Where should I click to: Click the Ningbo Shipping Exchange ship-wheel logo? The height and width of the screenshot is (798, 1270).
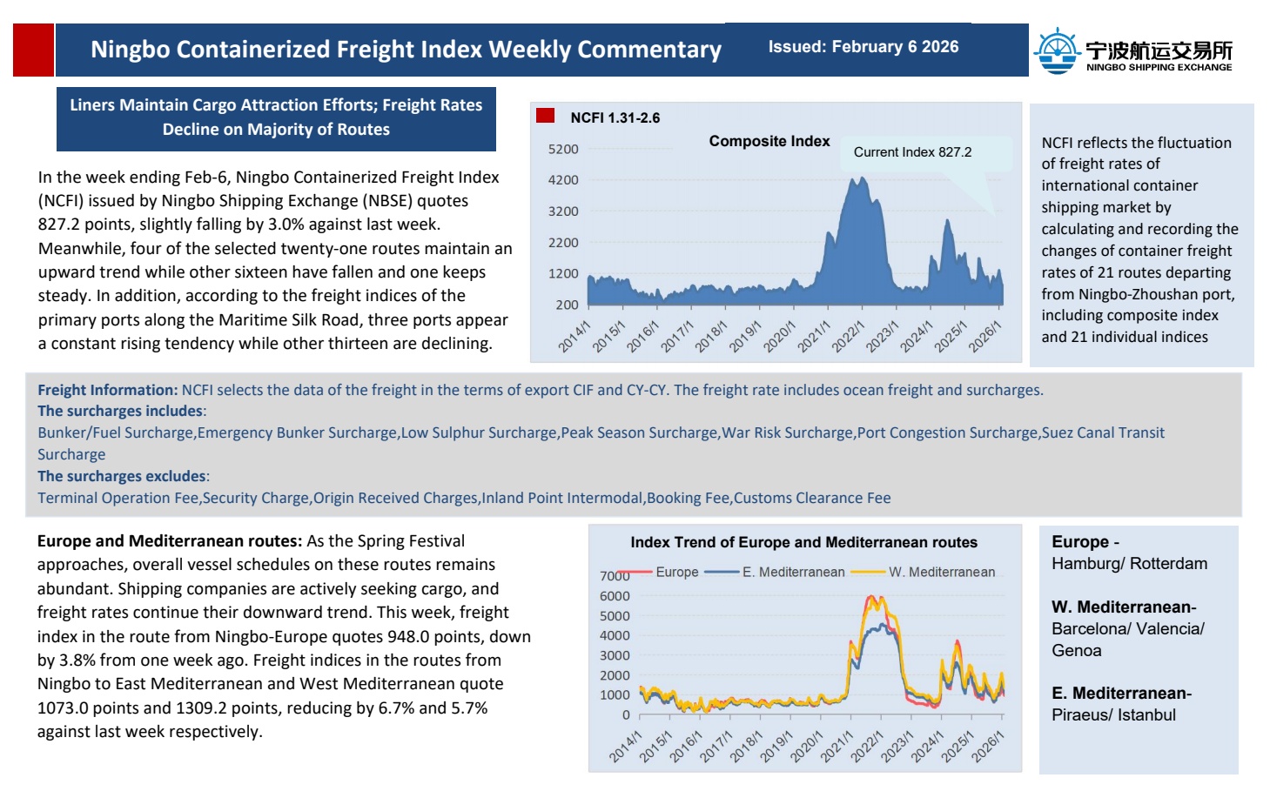pyautogui.click(x=1056, y=50)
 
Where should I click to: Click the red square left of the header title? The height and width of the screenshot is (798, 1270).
pyautogui.click(x=33, y=50)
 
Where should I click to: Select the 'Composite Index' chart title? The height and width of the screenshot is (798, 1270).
pyautogui.click(x=769, y=141)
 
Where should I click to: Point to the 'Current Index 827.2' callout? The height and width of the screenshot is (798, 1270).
pyautogui.click(x=912, y=152)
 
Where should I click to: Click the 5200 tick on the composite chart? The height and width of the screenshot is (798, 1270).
pyautogui.click(x=563, y=150)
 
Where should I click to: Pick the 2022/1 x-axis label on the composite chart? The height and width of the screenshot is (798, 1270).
pyautogui.click(x=848, y=336)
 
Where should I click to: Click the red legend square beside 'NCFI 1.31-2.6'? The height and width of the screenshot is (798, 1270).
pyautogui.click(x=546, y=116)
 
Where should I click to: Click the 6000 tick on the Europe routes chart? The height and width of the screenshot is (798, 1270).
pyautogui.click(x=615, y=596)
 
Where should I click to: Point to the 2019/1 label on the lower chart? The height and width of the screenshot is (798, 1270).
pyautogui.click(x=776, y=747)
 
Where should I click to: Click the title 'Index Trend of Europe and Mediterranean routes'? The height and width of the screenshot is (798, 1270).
pyautogui.click(x=803, y=542)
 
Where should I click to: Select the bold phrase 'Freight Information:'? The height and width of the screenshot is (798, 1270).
pyautogui.click(x=107, y=390)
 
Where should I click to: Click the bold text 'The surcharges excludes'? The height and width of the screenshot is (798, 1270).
pyautogui.click(x=122, y=476)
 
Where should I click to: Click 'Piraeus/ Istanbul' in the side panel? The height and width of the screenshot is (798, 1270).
pyautogui.click(x=1113, y=715)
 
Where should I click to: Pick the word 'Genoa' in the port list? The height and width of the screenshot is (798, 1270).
pyautogui.click(x=1076, y=651)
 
